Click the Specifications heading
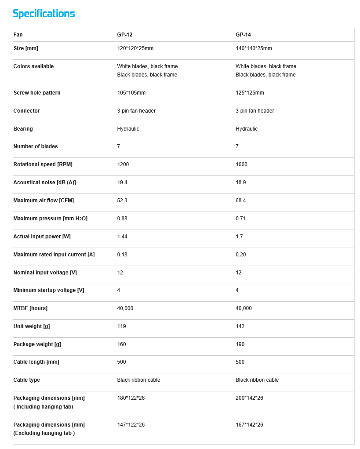[44, 14]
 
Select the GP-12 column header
[125, 35]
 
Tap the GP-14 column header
[243, 35]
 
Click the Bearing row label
[23, 129]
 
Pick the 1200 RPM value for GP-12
[123, 164]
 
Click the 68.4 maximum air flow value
[240, 201]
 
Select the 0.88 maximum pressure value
[122, 219]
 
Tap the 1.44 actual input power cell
[122, 237]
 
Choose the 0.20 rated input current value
[240, 255]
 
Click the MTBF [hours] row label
[30, 308]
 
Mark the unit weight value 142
[240, 326]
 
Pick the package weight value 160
[121, 344]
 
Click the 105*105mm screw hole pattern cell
[131, 93]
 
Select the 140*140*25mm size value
[254, 48]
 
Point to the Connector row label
[26, 111]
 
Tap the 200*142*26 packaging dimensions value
[249, 398]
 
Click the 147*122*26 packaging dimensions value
[131, 425]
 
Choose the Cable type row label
[26, 380]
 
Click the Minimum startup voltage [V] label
[48, 290]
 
